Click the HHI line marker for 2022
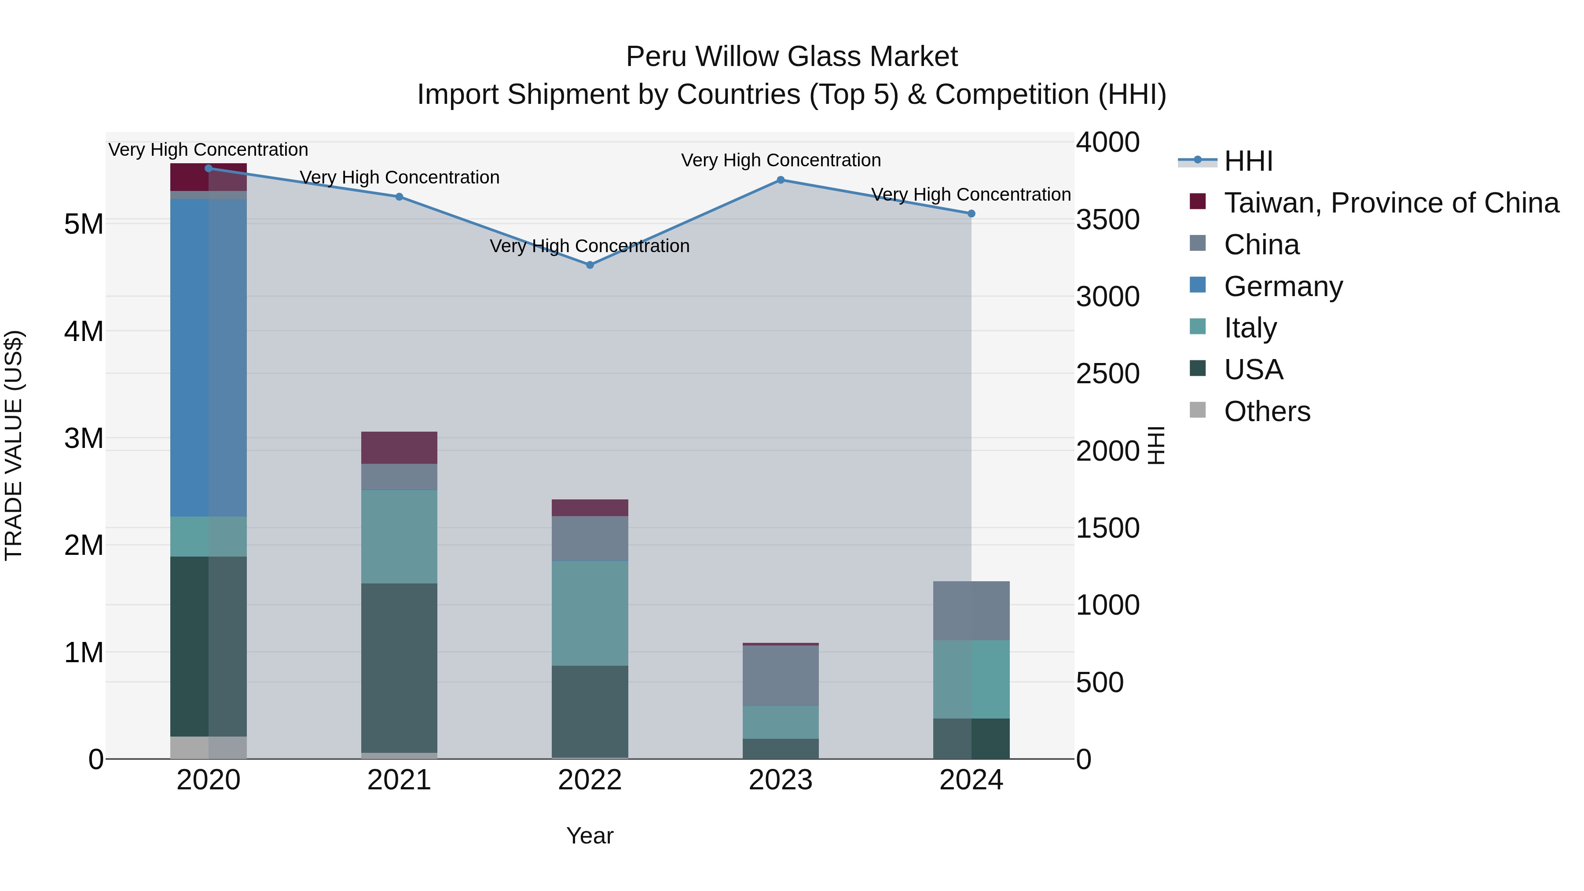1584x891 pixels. click(x=590, y=265)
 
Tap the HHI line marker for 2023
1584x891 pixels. click(x=780, y=180)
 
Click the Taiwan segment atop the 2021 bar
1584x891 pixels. click(x=399, y=447)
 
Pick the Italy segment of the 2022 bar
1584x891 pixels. click(x=590, y=613)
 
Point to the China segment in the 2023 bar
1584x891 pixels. click(x=780, y=675)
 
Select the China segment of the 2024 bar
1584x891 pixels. click(x=971, y=611)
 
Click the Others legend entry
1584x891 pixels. click(x=1267, y=411)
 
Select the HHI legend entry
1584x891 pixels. click(x=1248, y=161)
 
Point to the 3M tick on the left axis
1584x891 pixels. click(x=84, y=438)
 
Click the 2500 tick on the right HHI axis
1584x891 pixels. click(x=1107, y=374)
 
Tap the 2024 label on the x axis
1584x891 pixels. click(x=971, y=780)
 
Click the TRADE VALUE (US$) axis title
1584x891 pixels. click(x=14, y=445)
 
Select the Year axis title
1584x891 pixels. click(x=590, y=836)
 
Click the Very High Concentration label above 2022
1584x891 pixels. click(x=590, y=246)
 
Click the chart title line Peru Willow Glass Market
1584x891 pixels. click(x=792, y=57)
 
